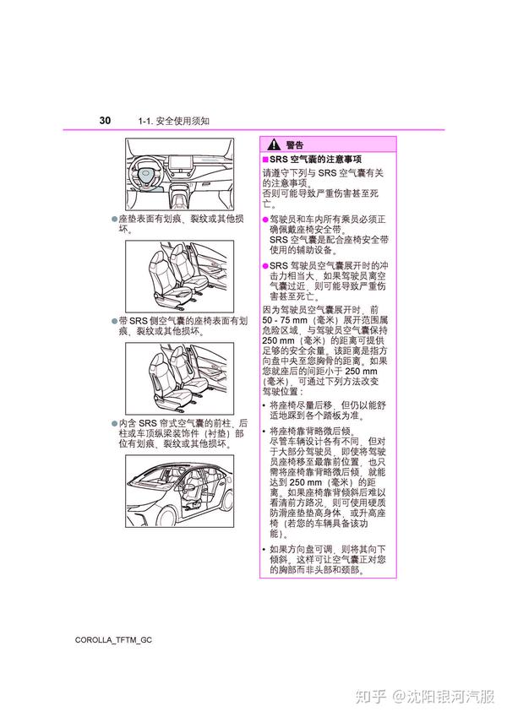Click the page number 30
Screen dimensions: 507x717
point(105,120)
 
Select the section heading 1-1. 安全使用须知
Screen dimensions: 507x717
point(174,121)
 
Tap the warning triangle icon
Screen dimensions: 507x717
point(274,144)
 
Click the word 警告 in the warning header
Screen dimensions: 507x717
point(295,145)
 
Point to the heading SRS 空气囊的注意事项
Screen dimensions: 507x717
point(315,159)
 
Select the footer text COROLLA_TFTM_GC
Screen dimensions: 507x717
point(113,639)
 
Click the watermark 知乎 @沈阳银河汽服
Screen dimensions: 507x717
point(425,697)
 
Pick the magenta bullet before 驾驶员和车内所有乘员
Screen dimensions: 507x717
point(265,220)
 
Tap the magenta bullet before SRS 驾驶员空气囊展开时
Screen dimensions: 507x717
point(265,266)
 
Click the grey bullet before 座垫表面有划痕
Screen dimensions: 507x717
point(115,219)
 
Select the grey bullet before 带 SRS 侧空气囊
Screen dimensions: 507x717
point(115,322)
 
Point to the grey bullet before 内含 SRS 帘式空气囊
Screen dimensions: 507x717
point(115,424)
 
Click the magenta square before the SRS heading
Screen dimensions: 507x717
point(265,159)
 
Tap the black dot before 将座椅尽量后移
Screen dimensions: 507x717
point(264,405)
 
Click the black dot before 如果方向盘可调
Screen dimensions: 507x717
point(264,550)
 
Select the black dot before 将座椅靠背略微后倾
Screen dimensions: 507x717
point(264,432)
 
